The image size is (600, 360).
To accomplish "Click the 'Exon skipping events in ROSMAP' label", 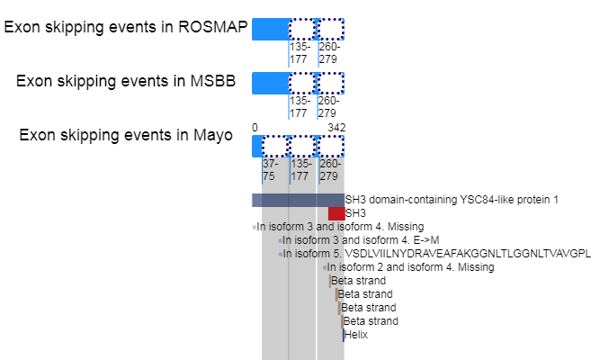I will pyautogui.click(x=126, y=27).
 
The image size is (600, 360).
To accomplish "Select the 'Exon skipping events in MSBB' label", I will pyautogui.click(x=126, y=81).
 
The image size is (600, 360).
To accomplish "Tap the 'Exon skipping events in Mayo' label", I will pyautogui.click(x=126, y=135).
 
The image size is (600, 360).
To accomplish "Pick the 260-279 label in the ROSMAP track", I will pyautogui.click(x=328, y=53).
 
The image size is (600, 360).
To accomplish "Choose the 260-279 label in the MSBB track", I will pyautogui.click(x=328, y=107).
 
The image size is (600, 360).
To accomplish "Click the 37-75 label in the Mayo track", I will pyautogui.click(x=270, y=171).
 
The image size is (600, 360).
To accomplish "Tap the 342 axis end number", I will pyautogui.click(x=336, y=128).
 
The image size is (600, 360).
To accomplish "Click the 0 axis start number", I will pyautogui.click(x=255, y=128).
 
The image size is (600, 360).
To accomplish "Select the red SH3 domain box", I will pyautogui.click(x=336, y=213).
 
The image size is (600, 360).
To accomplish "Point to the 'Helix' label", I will pyautogui.click(x=356, y=335).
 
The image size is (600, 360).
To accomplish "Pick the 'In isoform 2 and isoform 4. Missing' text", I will pyautogui.click(x=410, y=267).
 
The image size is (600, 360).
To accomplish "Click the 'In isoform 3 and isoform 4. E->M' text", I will pyautogui.click(x=361, y=240).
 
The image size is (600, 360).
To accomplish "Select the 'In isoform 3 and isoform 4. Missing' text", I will pyautogui.click(x=340, y=227).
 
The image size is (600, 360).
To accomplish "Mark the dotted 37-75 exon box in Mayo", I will pyautogui.click(x=274, y=147).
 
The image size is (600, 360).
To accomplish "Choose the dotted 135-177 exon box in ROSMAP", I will pyautogui.click(x=302, y=30).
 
